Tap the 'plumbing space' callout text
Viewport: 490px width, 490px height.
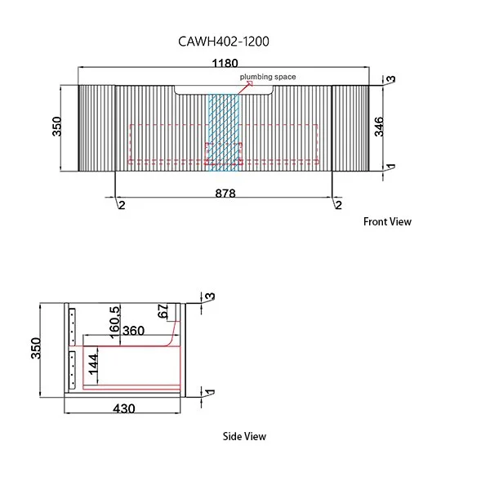pos(267,77)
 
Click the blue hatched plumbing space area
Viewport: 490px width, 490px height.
pos(225,131)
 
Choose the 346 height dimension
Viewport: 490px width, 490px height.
pos(379,127)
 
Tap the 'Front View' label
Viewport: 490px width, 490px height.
pos(387,221)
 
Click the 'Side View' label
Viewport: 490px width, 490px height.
pos(244,436)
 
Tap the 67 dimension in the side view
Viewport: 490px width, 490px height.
pos(163,311)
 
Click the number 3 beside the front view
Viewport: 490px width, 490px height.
pos(391,80)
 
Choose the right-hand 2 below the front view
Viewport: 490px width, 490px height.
pos(337,204)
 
